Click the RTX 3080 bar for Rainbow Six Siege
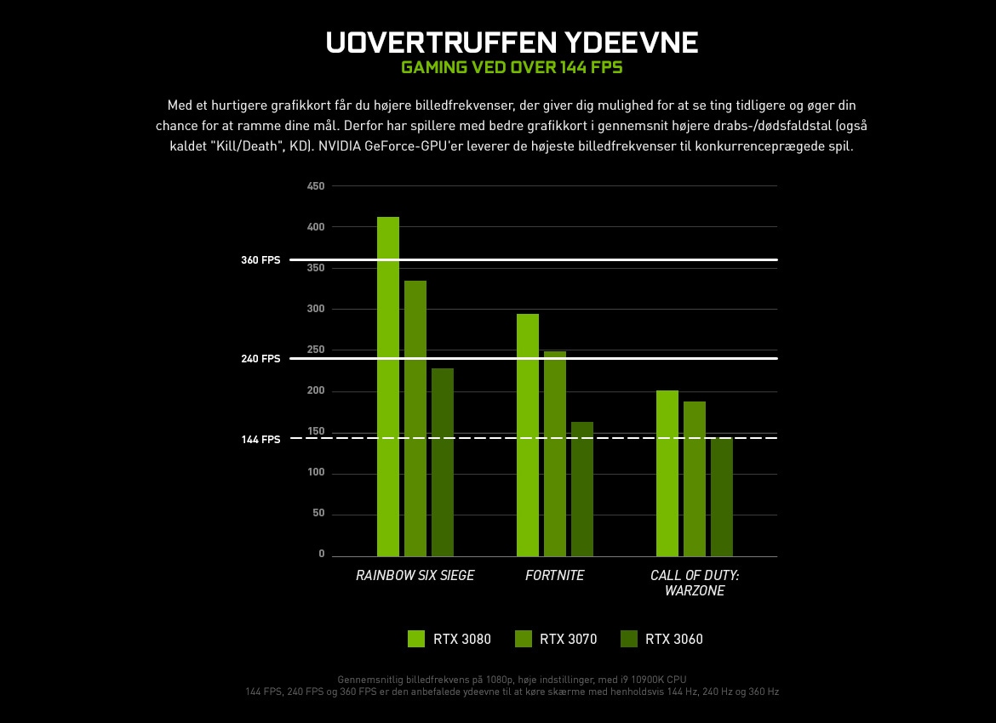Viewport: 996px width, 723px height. [x=388, y=387]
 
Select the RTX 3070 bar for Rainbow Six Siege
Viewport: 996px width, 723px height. [x=415, y=418]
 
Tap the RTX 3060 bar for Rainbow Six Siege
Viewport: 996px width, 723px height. [x=443, y=462]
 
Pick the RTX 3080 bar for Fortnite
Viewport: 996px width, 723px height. [x=528, y=435]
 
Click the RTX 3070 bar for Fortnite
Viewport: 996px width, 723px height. [x=555, y=453]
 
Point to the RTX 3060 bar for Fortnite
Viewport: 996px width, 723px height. [x=582, y=489]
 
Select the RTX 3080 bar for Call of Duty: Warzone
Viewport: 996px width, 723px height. [x=667, y=473]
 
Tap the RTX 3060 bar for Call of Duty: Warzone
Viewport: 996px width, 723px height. [x=722, y=497]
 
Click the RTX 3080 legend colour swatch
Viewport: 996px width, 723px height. [x=416, y=639]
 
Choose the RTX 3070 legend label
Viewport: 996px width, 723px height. [x=568, y=639]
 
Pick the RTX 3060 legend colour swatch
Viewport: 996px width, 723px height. [x=629, y=639]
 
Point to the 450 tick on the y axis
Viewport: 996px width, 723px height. [x=316, y=186]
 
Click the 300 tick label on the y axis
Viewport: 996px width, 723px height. [x=316, y=309]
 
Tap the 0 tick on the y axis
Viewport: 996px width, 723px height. [x=322, y=555]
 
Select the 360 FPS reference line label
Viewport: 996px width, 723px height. [x=260, y=260]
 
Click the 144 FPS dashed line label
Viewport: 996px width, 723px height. [x=260, y=440]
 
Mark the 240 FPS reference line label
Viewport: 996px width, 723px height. [x=260, y=359]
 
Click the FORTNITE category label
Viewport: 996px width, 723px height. [x=555, y=576]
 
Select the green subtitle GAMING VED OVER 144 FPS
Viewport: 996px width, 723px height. [x=512, y=67]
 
